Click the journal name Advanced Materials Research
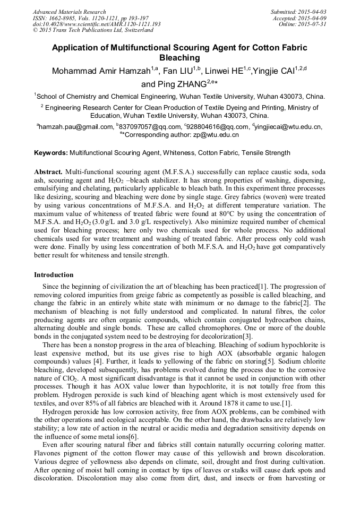coord(69,12)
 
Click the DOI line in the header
coord(97,24)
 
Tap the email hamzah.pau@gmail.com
coord(75,127)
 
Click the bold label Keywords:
coord(50,153)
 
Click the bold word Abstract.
coord(48,173)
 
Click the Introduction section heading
coord(54,275)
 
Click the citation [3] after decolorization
coord(247,337)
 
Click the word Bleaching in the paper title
coord(180,58)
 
